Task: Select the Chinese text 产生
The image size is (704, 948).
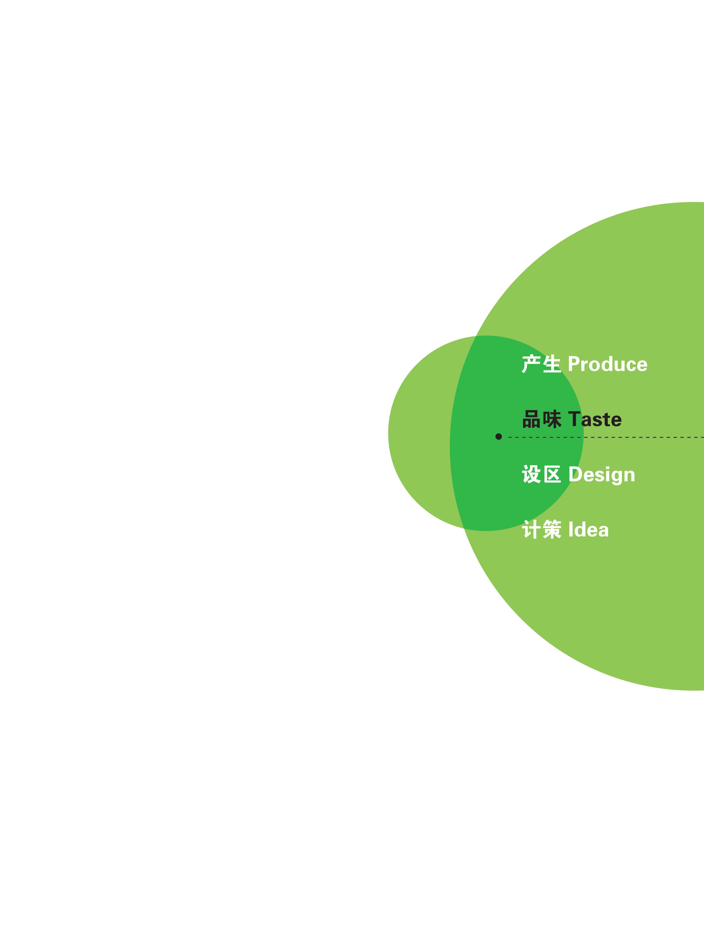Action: (x=541, y=364)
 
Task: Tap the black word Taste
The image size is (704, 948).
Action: (x=595, y=419)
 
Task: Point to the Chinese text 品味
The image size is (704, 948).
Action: (x=542, y=419)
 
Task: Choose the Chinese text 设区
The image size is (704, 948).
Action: (x=541, y=475)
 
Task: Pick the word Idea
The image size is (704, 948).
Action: (x=588, y=530)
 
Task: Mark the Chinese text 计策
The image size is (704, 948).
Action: (x=541, y=530)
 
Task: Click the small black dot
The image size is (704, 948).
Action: (x=498, y=436)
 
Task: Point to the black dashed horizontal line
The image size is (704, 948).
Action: (x=606, y=437)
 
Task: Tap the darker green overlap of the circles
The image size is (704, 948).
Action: (x=511, y=433)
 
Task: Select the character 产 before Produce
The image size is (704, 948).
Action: (x=531, y=364)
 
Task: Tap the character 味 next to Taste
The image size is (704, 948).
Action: (x=552, y=419)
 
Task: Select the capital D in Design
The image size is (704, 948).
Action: (x=575, y=475)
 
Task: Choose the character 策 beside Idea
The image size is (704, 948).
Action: (x=552, y=530)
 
